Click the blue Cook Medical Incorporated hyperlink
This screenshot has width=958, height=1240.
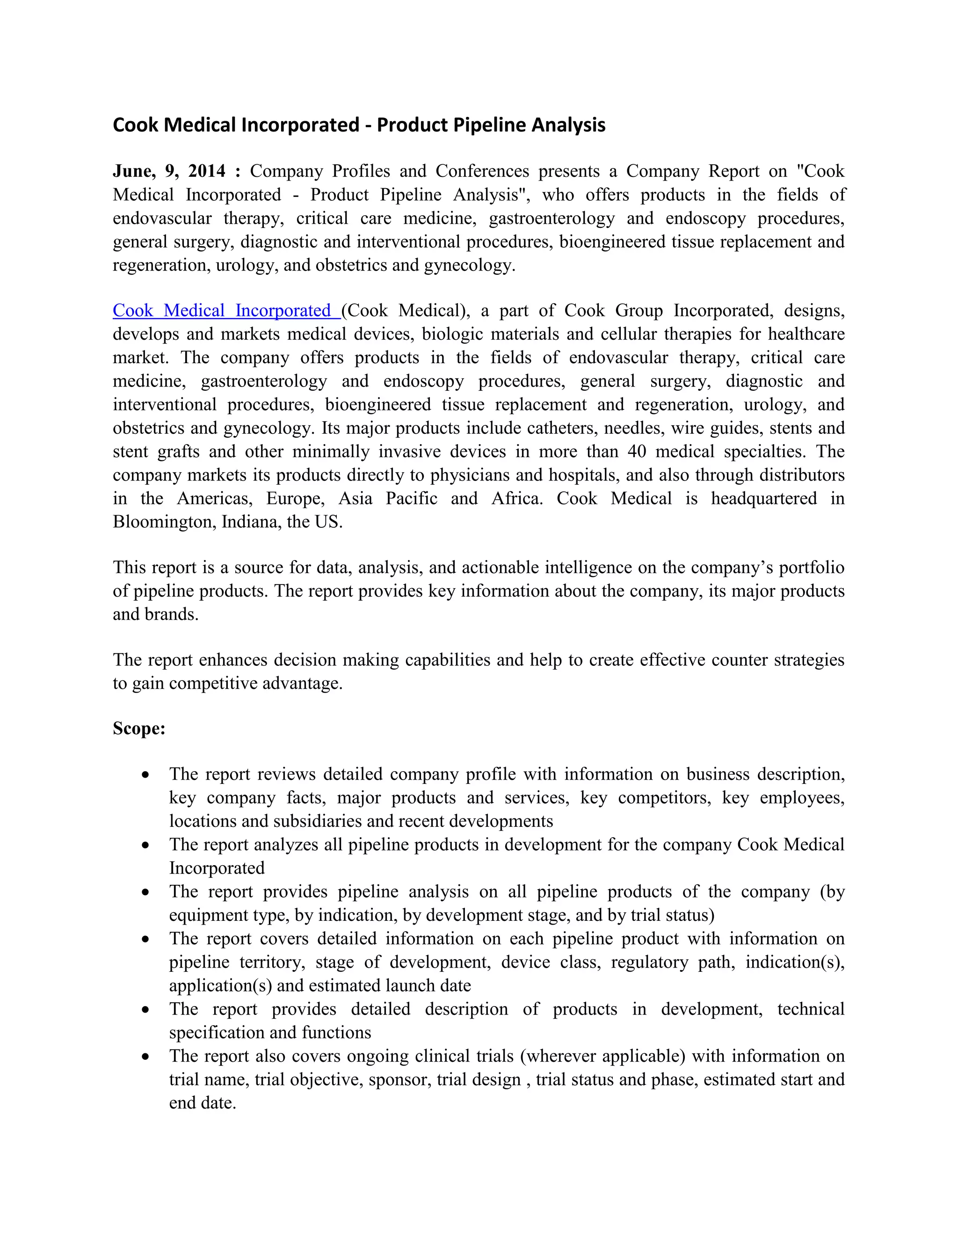click(x=226, y=311)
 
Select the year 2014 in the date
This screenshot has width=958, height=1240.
click(x=207, y=171)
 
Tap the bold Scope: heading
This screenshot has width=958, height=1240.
click(x=139, y=729)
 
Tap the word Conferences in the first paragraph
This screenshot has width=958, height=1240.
click(x=482, y=171)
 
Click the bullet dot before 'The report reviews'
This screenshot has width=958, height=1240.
click(x=146, y=774)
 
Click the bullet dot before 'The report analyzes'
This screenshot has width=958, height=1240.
click(x=146, y=845)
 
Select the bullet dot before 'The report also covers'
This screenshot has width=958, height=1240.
click(x=146, y=1056)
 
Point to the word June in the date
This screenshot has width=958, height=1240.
click(x=134, y=171)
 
